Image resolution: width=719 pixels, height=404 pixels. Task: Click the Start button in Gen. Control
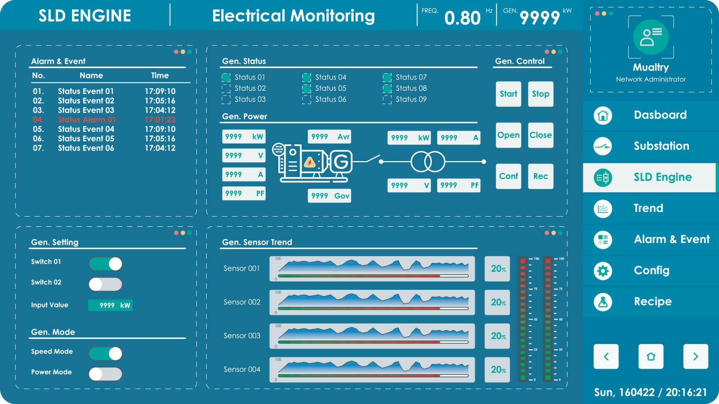[508, 94]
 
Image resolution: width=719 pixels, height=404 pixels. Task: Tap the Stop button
[540, 94]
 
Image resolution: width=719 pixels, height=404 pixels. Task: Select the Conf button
[508, 176]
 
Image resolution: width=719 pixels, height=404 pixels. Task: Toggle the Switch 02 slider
[105, 284]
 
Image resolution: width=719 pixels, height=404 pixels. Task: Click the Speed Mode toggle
[105, 353]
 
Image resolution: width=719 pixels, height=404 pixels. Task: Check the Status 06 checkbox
[306, 100]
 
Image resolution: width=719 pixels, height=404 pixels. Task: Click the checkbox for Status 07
[387, 77]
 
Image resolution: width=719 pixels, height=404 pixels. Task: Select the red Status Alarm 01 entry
[87, 120]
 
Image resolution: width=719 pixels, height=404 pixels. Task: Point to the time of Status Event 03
[160, 110]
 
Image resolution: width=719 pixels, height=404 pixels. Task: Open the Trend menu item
[648, 208]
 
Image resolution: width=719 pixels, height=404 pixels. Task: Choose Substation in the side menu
[661, 146]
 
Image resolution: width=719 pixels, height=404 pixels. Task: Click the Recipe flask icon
[603, 302]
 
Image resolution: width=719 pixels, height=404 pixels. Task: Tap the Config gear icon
[603, 271]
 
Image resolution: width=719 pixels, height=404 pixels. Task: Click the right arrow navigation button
[695, 356]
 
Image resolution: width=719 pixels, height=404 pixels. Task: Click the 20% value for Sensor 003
[497, 336]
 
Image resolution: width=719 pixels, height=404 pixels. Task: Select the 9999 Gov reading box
[329, 196]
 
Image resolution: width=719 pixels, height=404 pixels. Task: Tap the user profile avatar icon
[651, 37]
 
